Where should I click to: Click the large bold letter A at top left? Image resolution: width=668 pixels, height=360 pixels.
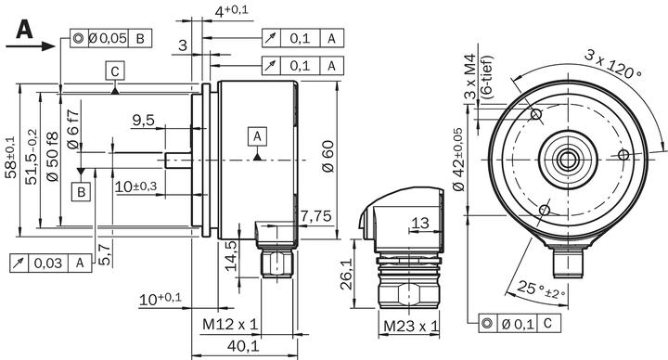click(x=23, y=30)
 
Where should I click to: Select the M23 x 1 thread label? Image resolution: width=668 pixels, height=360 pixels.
click(x=410, y=326)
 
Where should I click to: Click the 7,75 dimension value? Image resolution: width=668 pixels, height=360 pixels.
click(x=315, y=215)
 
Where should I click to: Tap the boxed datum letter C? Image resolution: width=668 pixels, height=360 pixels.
click(x=113, y=71)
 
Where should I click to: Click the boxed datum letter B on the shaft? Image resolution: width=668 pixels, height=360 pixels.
click(x=82, y=192)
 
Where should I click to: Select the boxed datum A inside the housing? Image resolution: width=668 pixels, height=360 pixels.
click(x=256, y=136)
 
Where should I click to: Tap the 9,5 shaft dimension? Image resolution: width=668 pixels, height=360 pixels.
click(x=143, y=120)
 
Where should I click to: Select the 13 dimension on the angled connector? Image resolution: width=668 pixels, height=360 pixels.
click(x=419, y=223)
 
